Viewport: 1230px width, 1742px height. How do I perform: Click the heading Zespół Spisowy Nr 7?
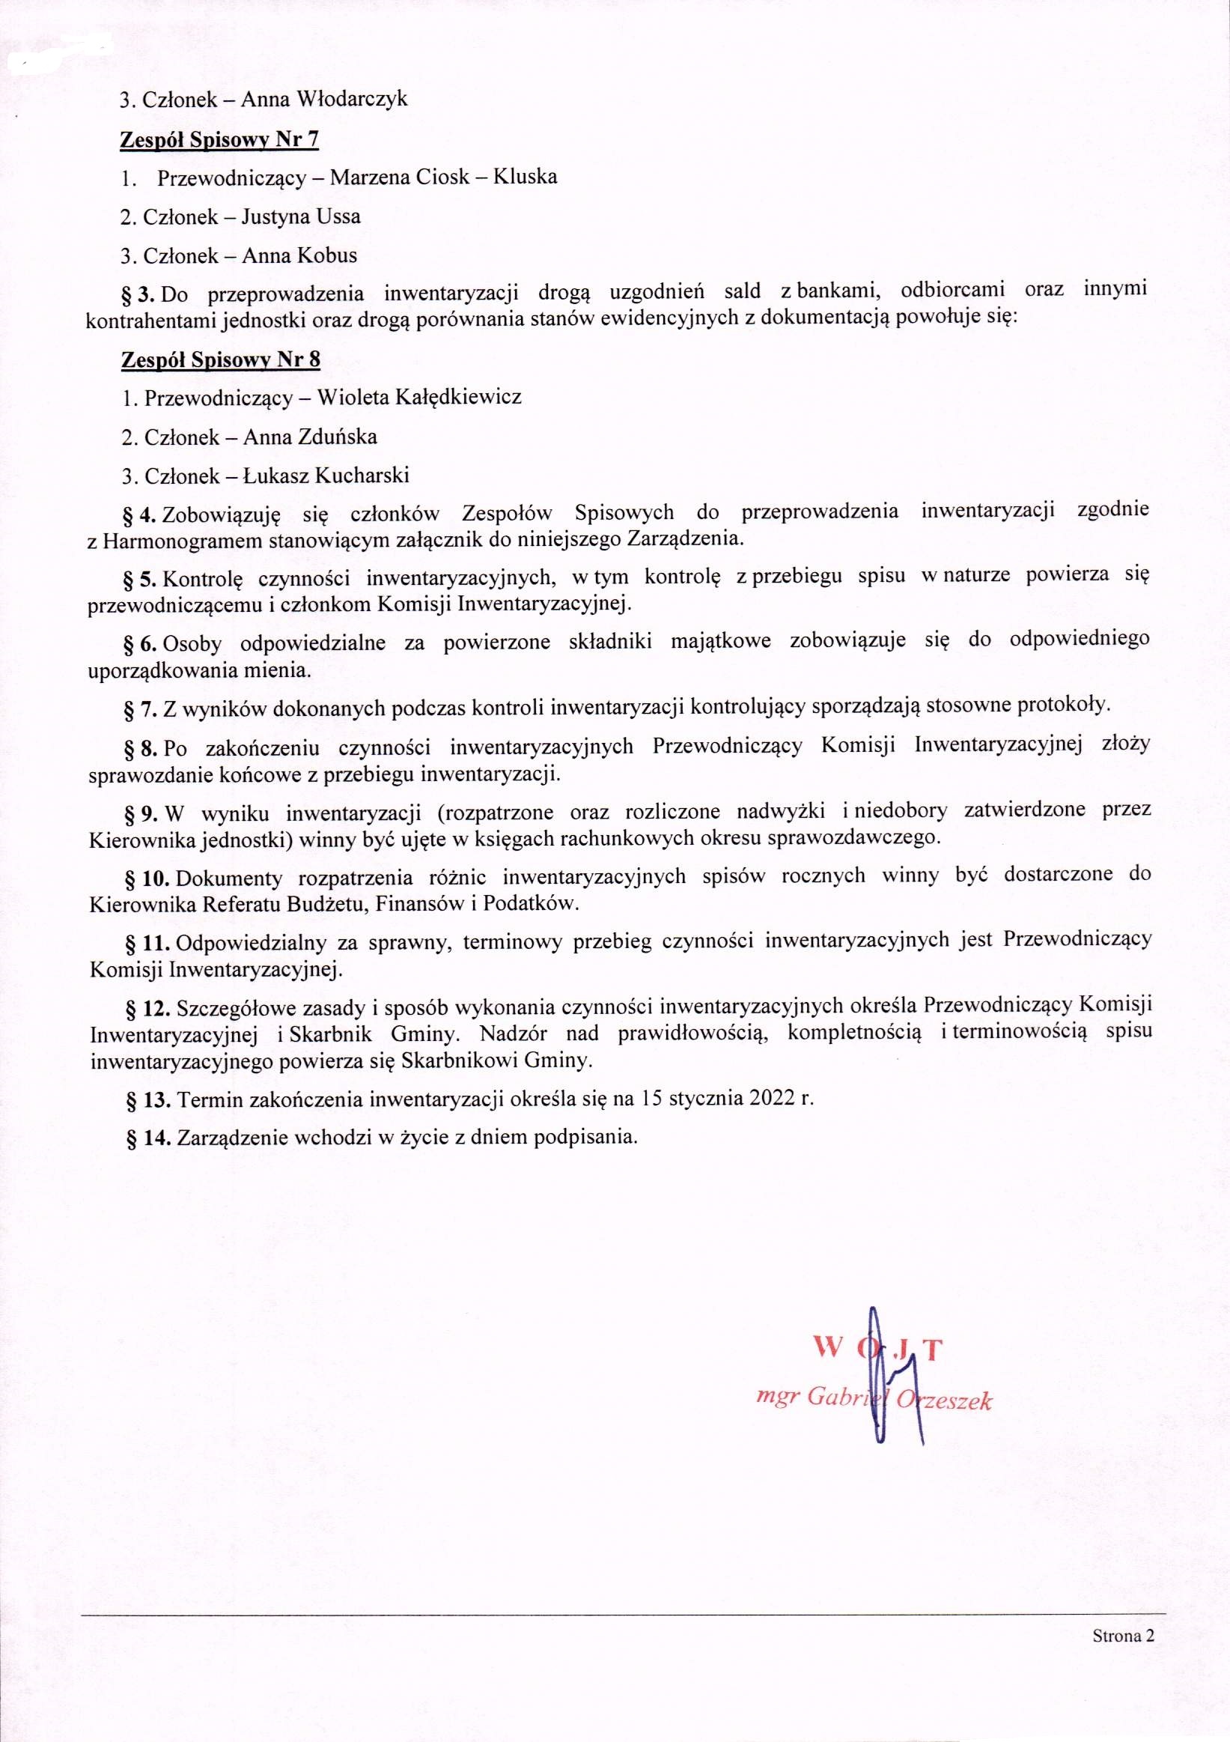click(x=220, y=139)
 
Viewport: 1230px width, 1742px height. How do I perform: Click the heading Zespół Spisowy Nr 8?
click(x=221, y=359)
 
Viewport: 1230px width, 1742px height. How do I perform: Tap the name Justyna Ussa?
click(x=300, y=217)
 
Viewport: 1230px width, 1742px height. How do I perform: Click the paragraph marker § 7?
click(x=139, y=708)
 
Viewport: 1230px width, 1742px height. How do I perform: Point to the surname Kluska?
click(x=525, y=177)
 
